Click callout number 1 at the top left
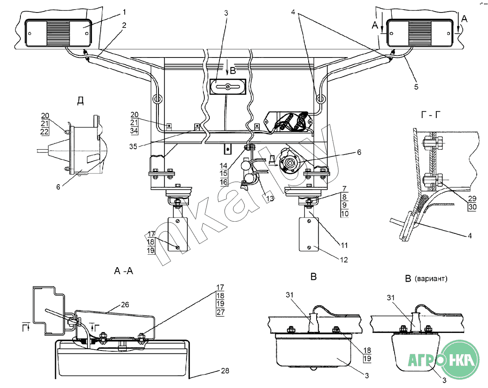(124, 12)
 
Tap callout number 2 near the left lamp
(124, 25)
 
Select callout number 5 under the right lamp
(416, 87)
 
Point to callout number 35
(133, 146)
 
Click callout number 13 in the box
(270, 198)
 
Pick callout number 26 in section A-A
(125, 305)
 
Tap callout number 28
(225, 370)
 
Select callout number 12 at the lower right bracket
(344, 260)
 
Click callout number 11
(344, 245)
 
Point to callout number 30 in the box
(472, 207)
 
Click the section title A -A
(123, 271)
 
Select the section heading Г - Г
(431, 115)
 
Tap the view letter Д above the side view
(80, 100)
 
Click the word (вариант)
(431, 279)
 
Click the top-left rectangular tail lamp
(58, 33)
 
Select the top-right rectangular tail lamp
(420, 33)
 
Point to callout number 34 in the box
(134, 130)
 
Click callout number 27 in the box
(220, 312)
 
